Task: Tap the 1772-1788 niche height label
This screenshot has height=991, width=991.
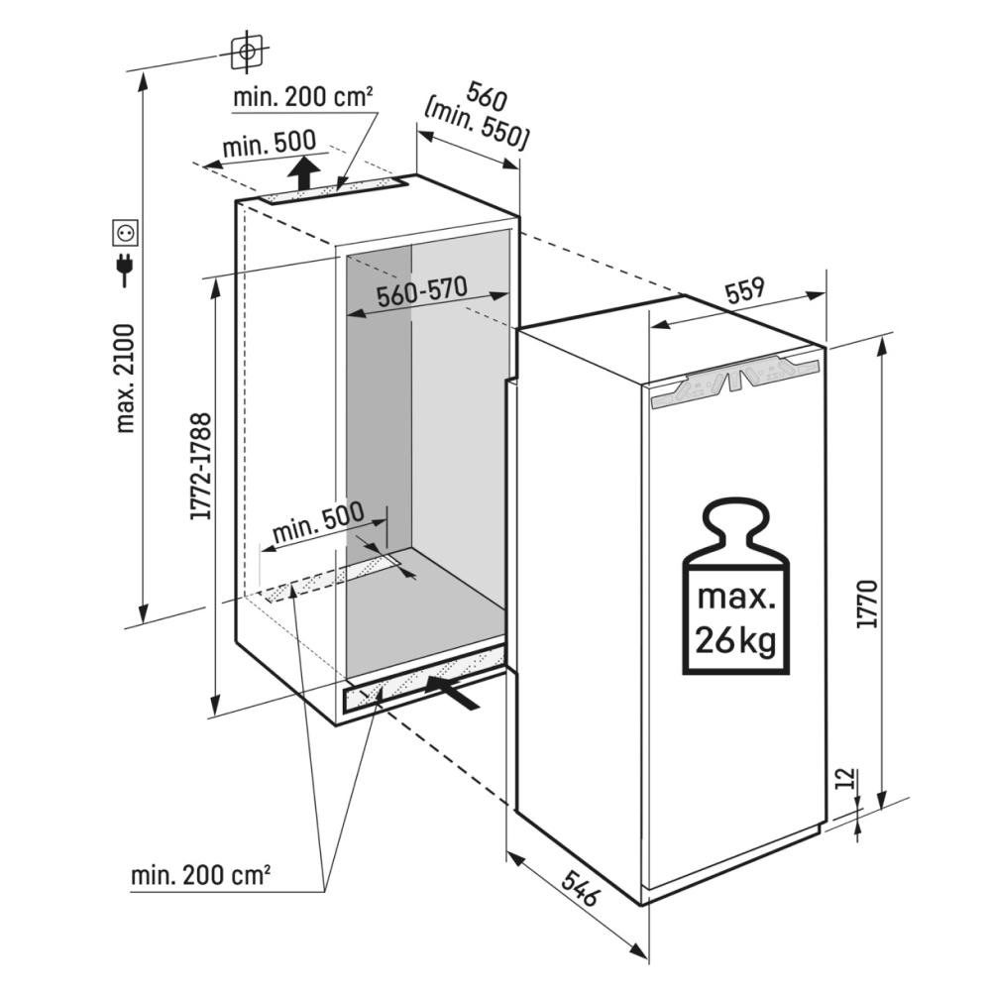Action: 199,466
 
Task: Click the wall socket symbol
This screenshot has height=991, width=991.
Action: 126,233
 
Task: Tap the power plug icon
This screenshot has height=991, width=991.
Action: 126,268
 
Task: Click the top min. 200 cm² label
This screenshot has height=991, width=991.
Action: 302,97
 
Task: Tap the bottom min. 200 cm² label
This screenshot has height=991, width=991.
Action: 200,876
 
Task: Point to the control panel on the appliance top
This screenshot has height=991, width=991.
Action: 733,383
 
